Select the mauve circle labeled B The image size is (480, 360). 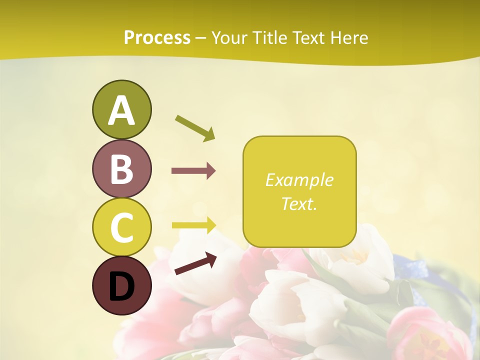121,168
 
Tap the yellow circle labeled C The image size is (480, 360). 121,227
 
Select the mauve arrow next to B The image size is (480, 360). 193,171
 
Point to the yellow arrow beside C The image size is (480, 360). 194,225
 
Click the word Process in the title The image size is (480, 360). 157,38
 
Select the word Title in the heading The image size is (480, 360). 266,38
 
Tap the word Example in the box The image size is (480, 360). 299,180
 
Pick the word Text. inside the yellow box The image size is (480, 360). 299,203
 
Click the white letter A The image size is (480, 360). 121,110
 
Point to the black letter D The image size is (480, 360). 121,287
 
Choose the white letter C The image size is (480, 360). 121,227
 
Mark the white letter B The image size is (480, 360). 121,169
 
